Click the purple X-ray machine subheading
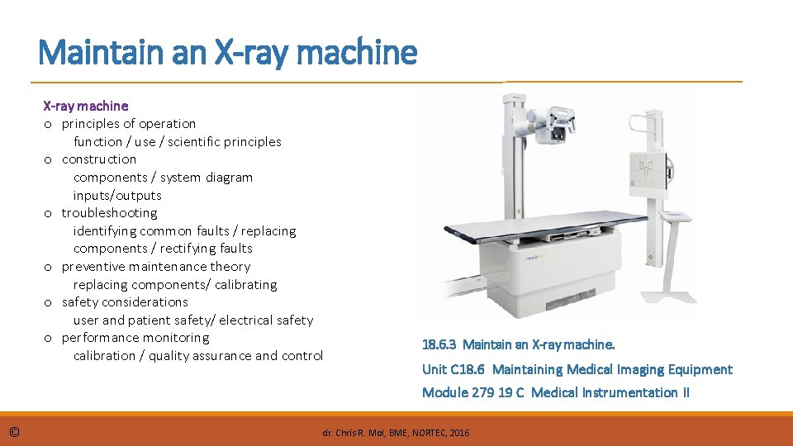[x=86, y=106]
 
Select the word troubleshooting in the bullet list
[x=109, y=213]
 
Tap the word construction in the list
[x=99, y=159]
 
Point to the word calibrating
[x=246, y=285]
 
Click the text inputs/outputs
[x=117, y=196]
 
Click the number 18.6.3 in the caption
[x=439, y=344]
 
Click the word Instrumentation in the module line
[x=630, y=392]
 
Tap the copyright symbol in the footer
[x=16, y=431]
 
